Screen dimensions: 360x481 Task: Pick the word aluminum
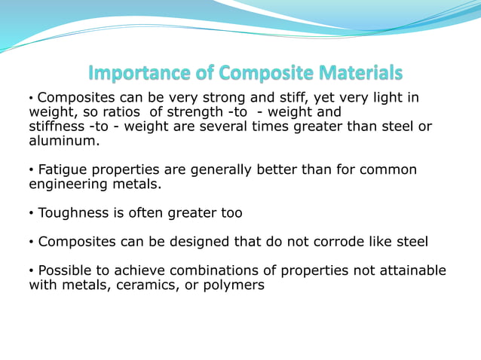coord(63,141)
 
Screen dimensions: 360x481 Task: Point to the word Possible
coord(67,270)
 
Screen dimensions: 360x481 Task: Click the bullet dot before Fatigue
coord(32,170)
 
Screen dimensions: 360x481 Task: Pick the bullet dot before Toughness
coord(32,214)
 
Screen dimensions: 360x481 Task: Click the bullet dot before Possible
coord(32,271)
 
